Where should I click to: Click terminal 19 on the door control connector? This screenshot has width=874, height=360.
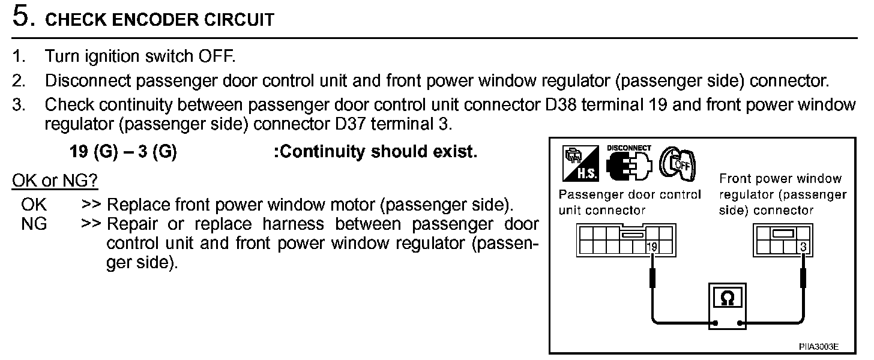click(x=652, y=246)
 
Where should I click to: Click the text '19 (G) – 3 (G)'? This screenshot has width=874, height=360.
click(x=123, y=152)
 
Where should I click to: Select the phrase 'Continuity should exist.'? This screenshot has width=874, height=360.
click(x=376, y=152)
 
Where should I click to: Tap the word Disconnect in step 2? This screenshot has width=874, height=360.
click(x=88, y=80)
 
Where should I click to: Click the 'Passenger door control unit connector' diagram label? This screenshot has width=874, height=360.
click(x=629, y=202)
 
